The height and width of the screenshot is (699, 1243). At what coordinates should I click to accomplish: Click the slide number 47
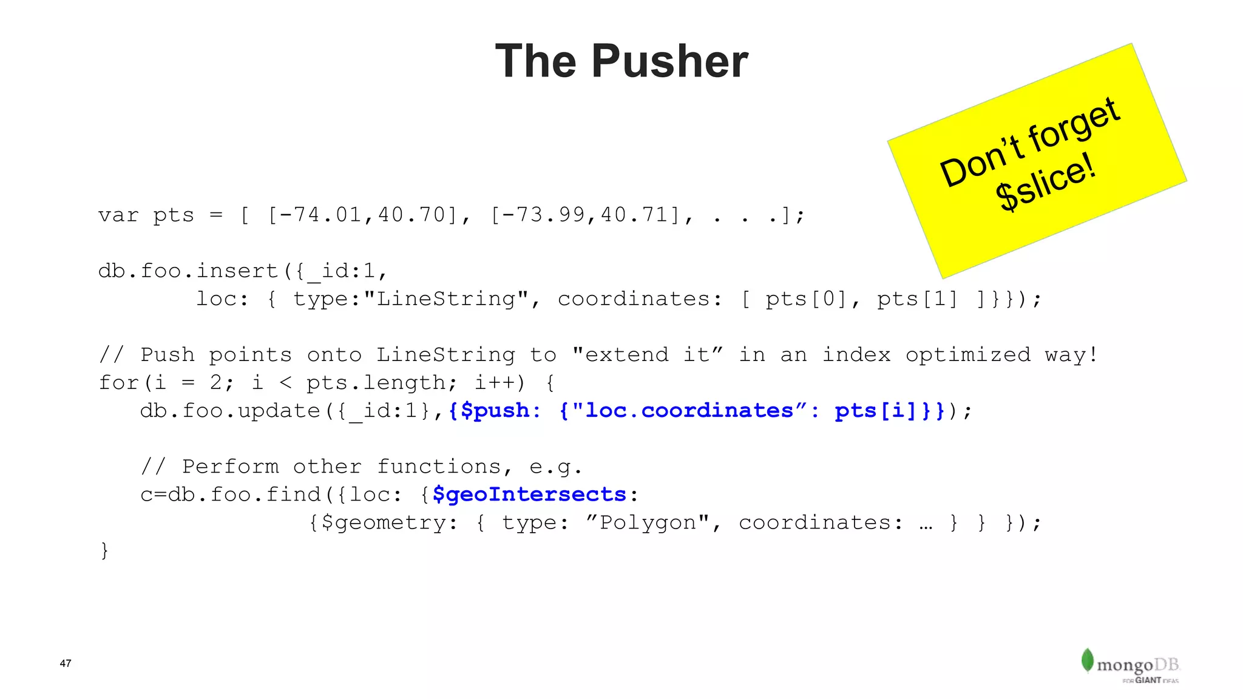(66, 663)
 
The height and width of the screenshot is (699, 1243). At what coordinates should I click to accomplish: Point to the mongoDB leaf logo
(1087, 660)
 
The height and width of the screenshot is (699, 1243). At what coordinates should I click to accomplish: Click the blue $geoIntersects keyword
(529, 495)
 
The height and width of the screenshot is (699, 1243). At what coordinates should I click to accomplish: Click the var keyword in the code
(118, 215)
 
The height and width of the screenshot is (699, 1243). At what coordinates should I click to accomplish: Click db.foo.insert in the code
(188, 271)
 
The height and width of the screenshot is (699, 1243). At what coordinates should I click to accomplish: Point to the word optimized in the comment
(968, 355)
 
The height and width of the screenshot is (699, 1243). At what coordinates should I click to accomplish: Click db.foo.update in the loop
(230, 411)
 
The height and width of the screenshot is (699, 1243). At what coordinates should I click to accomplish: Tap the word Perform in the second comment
(230, 467)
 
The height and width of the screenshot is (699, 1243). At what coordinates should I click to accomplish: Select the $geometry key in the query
(384, 522)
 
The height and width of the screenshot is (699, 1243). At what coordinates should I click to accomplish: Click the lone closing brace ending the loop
(105, 550)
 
